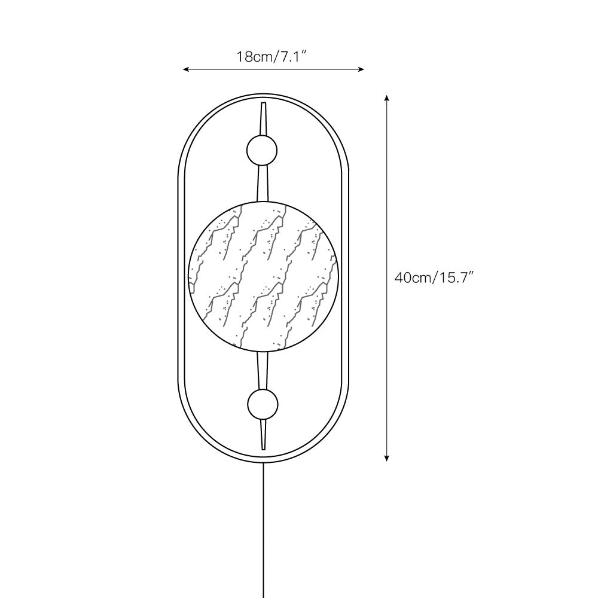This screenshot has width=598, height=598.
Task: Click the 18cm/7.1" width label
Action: [x=271, y=57]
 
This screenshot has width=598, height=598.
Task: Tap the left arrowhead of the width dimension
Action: [x=185, y=69]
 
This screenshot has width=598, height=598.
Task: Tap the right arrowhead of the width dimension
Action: [x=362, y=69]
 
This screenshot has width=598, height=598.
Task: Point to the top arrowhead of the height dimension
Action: [x=387, y=97]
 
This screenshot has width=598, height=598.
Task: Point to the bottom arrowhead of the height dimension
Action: [x=387, y=458]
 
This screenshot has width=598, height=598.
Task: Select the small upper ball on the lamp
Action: [x=262, y=150]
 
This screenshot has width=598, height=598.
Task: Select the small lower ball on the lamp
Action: [x=263, y=404]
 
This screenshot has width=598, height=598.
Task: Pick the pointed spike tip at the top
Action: [x=263, y=103]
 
